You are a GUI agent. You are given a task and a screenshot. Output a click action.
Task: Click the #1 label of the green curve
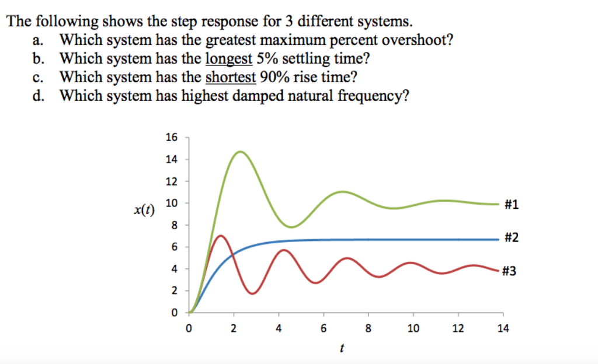(x=512, y=205)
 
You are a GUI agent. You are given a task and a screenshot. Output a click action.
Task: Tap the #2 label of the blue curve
(x=512, y=237)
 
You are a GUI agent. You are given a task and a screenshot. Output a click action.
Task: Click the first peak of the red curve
(x=220, y=236)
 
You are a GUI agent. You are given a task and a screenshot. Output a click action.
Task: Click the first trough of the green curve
(x=292, y=227)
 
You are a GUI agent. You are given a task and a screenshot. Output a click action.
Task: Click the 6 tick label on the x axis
(x=323, y=329)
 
